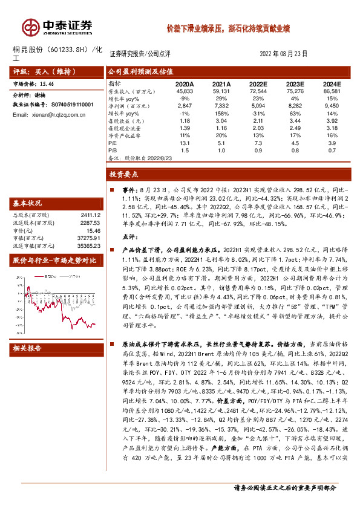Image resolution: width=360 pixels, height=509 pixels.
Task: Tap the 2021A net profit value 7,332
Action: click(222, 105)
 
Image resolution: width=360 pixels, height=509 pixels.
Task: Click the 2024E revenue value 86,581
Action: click(332, 91)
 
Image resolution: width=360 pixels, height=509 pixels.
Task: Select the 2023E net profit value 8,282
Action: click(295, 105)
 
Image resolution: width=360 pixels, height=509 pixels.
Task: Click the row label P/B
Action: click(113, 149)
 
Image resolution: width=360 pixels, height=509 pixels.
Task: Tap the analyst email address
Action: click(52, 114)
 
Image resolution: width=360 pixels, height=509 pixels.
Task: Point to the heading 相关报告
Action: click(28, 348)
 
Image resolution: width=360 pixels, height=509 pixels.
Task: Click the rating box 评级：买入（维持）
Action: click(42, 71)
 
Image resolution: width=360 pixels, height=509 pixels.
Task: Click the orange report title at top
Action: click(229, 28)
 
